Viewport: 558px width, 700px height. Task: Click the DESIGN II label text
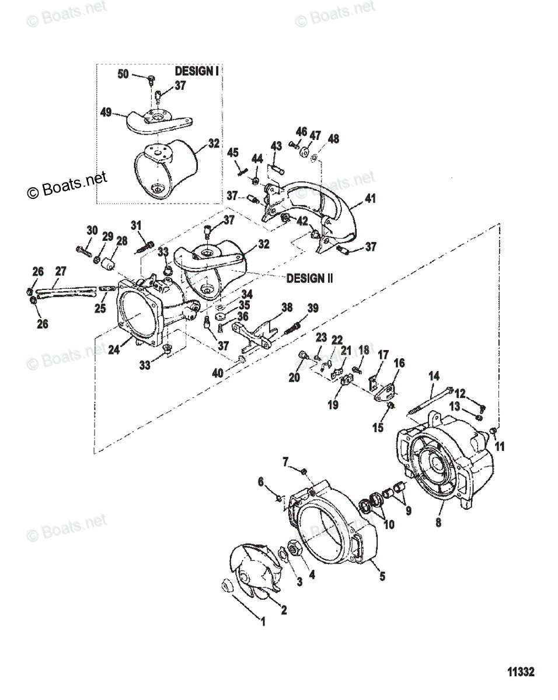tap(309, 278)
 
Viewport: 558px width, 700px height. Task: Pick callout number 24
tap(115, 350)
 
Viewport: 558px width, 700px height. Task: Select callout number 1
tap(262, 622)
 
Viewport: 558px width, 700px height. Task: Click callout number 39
tap(313, 308)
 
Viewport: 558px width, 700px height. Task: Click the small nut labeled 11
tap(493, 430)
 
